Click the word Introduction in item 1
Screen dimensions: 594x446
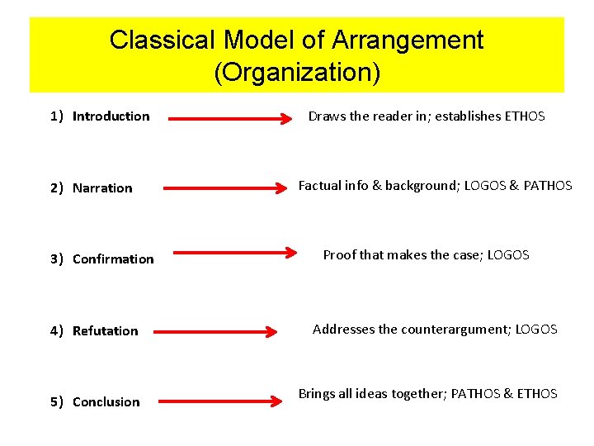click(x=111, y=116)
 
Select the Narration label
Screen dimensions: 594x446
click(x=102, y=188)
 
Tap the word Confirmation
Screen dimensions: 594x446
click(x=113, y=259)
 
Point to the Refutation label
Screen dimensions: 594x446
click(x=105, y=331)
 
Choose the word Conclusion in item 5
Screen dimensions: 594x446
click(x=106, y=402)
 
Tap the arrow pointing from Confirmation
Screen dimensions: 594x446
click(x=234, y=254)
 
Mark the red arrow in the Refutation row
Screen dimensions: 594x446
click(x=216, y=332)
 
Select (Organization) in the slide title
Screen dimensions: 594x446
click(x=297, y=74)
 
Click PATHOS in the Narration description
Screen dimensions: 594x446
click(x=548, y=186)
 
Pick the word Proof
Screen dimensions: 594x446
click(x=339, y=255)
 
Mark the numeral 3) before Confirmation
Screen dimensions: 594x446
click(x=56, y=259)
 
